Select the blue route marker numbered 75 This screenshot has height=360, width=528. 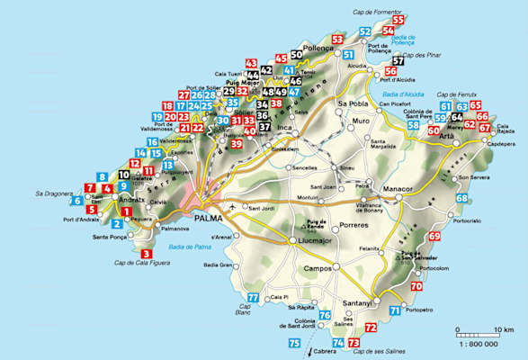point(294,344)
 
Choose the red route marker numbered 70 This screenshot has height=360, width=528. point(416,286)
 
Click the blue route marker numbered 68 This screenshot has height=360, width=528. point(462,198)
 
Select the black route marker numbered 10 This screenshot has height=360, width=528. point(123,175)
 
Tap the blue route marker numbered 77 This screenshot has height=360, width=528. point(253,298)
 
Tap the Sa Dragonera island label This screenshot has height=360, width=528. point(54,193)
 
